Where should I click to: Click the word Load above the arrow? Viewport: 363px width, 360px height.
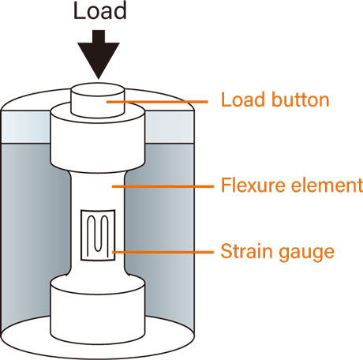100,11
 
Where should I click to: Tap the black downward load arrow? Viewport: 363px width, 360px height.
99,54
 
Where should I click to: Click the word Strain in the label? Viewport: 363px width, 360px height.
246,251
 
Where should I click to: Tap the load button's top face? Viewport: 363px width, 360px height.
98,90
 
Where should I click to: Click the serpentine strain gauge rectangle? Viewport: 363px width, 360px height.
98,235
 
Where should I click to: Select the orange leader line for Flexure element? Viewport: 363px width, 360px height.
163,186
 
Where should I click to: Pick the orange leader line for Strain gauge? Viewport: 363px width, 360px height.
163,252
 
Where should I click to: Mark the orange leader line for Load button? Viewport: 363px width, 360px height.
157,101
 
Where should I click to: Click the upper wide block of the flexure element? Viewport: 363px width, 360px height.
98,142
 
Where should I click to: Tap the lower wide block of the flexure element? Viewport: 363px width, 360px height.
98,310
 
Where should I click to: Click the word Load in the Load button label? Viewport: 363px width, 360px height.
242,99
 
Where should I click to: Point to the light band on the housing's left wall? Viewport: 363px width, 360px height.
25,127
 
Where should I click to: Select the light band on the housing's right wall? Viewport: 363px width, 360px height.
170,127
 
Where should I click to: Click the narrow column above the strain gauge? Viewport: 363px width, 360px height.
98,191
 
